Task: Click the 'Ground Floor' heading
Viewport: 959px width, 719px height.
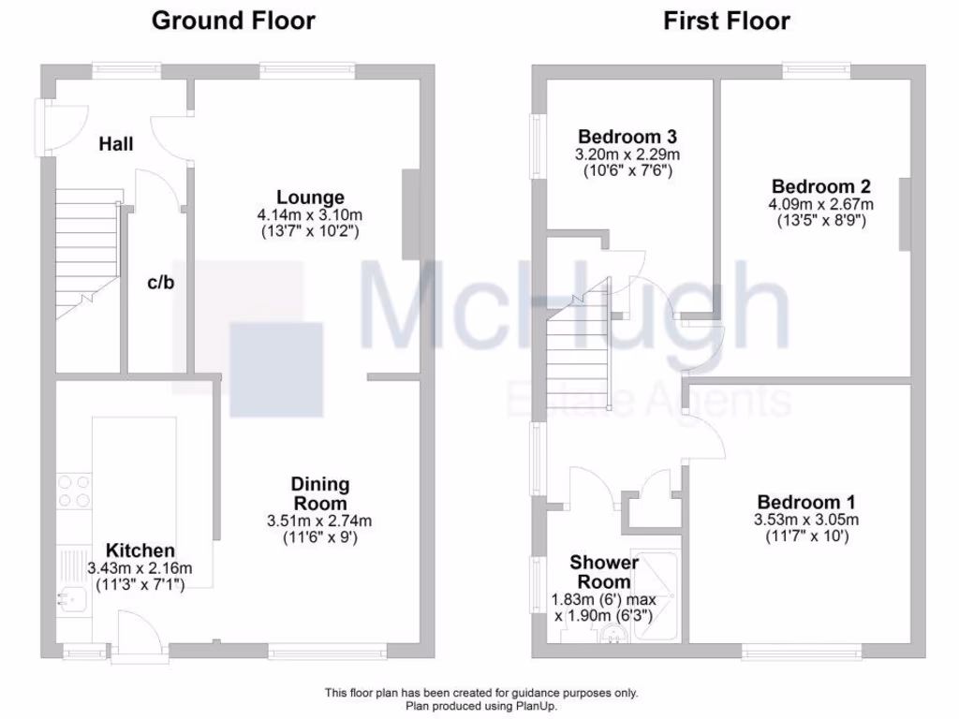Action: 233,21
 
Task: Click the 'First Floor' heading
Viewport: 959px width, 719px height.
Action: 727,21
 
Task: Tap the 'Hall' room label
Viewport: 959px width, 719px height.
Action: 117,144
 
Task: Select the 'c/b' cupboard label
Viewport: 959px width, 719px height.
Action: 160,283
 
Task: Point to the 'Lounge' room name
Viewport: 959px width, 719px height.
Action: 310,198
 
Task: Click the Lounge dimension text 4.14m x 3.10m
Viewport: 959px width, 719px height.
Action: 310,214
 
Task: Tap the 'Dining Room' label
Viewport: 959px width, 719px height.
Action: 320,493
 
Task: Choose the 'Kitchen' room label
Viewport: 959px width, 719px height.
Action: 140,550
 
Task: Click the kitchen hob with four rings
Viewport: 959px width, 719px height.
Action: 75,492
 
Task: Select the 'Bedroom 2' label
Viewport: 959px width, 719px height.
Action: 814,187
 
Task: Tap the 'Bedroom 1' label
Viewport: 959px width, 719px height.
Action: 806,503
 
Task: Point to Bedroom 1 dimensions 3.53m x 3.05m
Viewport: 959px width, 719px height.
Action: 806,521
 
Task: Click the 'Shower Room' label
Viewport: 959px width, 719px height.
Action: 604,572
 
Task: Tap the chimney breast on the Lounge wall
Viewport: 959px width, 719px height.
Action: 411,214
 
